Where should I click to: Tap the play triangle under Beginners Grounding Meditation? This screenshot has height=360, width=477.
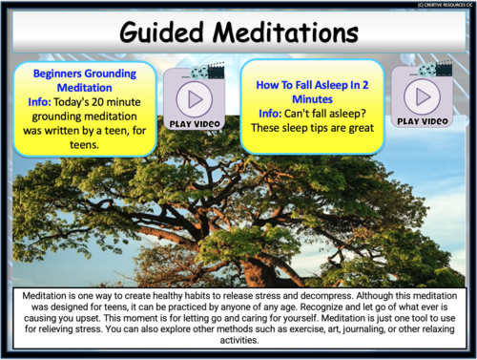point(195,99)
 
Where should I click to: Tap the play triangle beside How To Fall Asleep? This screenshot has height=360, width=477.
point(421,96)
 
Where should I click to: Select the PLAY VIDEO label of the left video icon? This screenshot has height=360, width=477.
point(195,124)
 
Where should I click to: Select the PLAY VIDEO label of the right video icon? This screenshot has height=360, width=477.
point(421,121)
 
